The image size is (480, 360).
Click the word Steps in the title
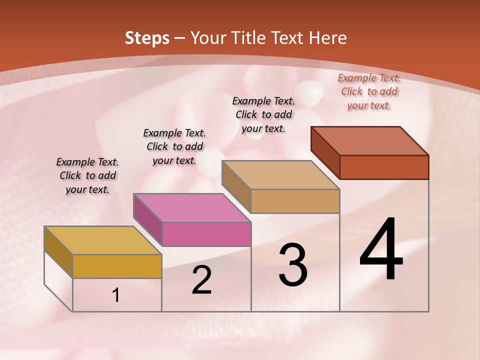(147, 38)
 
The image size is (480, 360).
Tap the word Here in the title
(327, 38)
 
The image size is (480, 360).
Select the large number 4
(381, 250)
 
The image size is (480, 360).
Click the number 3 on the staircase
(292, 265)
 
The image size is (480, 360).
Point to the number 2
(201, 280)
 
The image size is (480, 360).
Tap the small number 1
(116, 295)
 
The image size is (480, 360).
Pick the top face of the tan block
(281, 175)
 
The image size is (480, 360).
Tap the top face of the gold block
(103, 240)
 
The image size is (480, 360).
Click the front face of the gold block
(117, 266)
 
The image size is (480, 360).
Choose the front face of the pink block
(206, 234)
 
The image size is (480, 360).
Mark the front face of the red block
(384, 167)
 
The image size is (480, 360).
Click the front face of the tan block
(295, 201)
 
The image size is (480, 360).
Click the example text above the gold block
(87, 175)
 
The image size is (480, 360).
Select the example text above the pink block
(174, 146)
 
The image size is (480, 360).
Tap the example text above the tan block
(263, 114)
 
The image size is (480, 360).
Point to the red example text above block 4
(369, 91)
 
